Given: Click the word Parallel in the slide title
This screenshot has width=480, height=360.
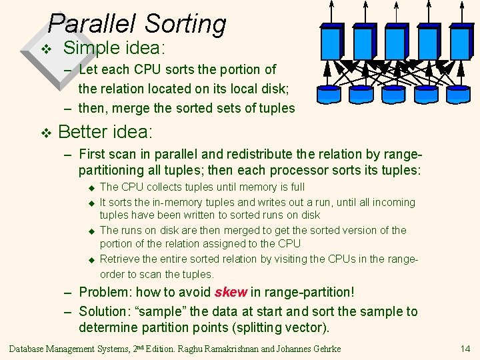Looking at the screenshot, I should pyautogui.click(x=92, y=24).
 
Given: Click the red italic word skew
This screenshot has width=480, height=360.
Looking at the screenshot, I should pyautogui.click(x=231, y=292).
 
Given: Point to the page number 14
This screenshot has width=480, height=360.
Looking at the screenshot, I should pyautogui.click(x=465, y=349).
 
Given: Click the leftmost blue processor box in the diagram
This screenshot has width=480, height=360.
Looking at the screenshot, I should pyautogui.click(x=332, y=41).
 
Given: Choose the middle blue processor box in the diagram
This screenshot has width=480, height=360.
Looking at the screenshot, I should pyautogui.click(x=397, y=41).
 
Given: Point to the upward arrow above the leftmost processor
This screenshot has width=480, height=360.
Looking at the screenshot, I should pyautogui.click(x=333, y=12).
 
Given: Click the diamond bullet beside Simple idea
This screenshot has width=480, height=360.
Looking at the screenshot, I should pyautogui.click(x=45, y=49).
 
